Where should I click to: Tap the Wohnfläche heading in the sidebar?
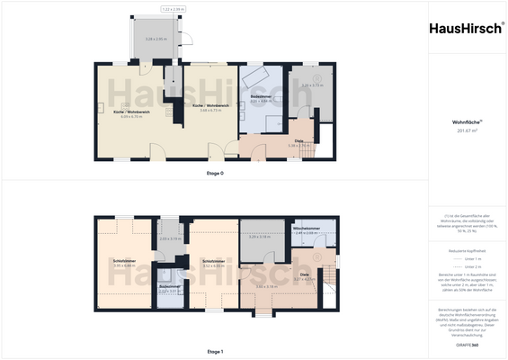pyautogui.click(x=466, y=121)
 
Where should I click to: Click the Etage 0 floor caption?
pyautogui.click(x=215, y=171)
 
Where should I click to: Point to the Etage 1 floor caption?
pyautogui.click(x=215, y=351)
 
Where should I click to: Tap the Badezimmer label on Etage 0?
pyautogui.click(x=262, y=95)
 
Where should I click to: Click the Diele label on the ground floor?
pyautogui.click(x=299, y=140)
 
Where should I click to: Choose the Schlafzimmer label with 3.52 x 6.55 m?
pyautogui.click(x=213, y=262)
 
